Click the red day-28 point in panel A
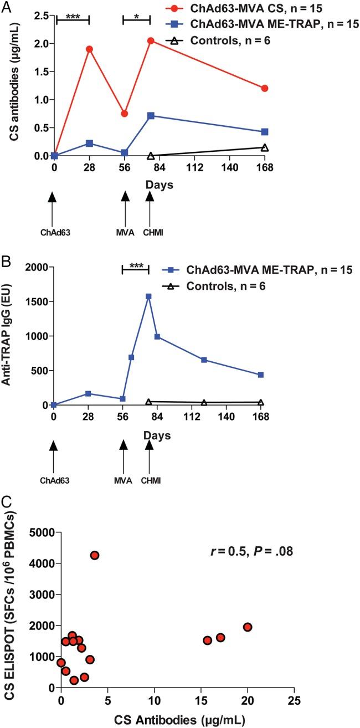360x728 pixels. (89, 49)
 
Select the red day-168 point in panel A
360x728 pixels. (265, 88)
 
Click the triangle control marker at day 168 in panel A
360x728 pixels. (265, 147)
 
